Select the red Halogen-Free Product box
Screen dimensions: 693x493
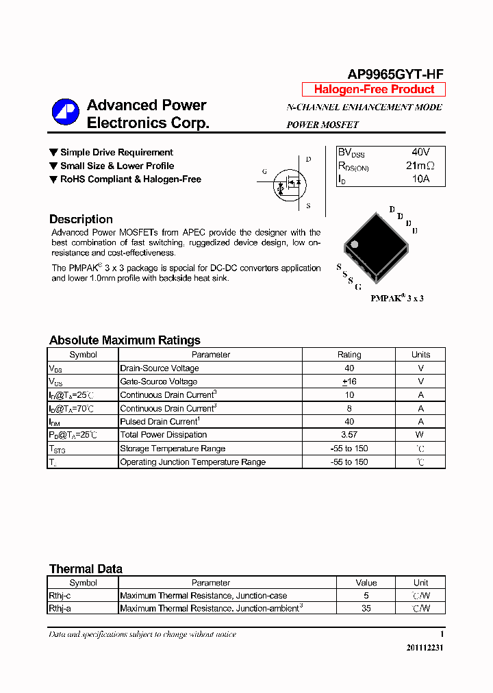click(x=374, y=89)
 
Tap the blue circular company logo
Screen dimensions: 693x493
click(x=66, y=112)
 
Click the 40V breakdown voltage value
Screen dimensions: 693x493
click(x=420, y=152)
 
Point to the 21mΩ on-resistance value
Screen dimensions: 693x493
click(x=420, y=166)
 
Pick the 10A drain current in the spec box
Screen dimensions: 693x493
click(x=420, y=179)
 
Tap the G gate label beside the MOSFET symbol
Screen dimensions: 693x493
click(x=264, y=172)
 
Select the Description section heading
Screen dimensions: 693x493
click(x=81, y=219)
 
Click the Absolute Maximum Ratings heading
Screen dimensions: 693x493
click(x=125, y=340)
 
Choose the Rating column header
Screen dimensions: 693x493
click(x=349, y=355)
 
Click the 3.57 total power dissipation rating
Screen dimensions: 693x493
click(x=349, y=435)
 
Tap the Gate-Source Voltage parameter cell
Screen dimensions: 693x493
click(x=159, y=381)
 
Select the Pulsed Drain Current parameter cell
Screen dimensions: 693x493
click(x=160, y=422)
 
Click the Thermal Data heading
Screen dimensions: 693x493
click(x=86, y=569)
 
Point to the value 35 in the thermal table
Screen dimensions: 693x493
click(x=366, y=608)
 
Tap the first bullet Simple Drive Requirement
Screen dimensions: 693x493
click(x=116, y=152)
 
